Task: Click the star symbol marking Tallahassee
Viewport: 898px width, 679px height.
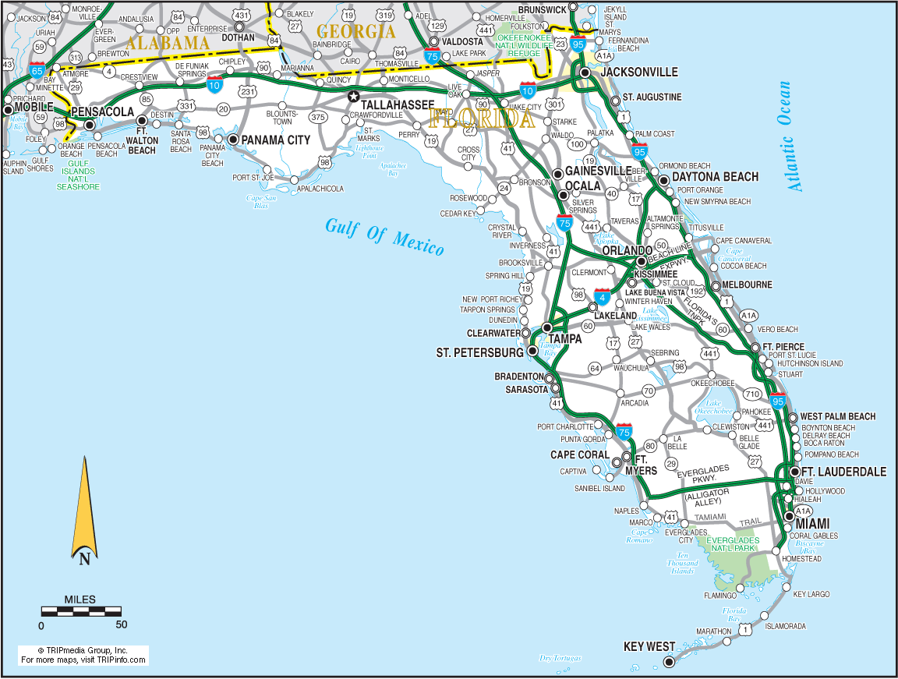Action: [354, 97]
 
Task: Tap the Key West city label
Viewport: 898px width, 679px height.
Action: [649, 647]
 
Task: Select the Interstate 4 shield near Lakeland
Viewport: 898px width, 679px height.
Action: [602, 297]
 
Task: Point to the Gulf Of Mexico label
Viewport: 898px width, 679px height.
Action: [384, 236]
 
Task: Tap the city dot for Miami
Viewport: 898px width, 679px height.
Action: [790, 516]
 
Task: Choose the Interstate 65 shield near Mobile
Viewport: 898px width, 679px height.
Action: [37, 70]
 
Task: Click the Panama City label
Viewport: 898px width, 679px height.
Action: [275, 140]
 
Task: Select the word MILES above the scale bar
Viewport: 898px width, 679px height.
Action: [80, 599]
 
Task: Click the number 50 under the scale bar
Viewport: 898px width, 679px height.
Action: [121, 624]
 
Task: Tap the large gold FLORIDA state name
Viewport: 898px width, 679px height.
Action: [481, 119]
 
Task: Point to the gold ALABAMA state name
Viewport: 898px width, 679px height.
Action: [168, 44]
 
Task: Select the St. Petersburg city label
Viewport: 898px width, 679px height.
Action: [479, 353]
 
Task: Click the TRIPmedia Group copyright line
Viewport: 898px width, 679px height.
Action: [83, 650]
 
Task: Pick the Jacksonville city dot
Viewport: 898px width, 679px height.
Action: [585, 72]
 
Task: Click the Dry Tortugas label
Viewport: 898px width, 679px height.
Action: [560, 658]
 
